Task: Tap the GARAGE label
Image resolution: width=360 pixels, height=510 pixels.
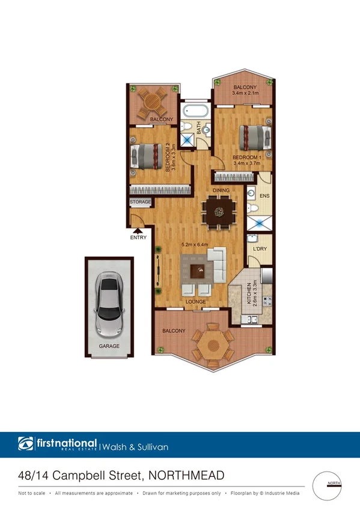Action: pos(109,346)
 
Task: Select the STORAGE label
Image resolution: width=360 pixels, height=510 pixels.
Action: pos(141,203)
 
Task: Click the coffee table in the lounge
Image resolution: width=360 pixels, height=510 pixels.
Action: pos(197,271)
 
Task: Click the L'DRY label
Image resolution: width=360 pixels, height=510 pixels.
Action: pos(260,248)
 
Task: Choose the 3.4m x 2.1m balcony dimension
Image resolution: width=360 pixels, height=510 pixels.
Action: pos(245,94)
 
